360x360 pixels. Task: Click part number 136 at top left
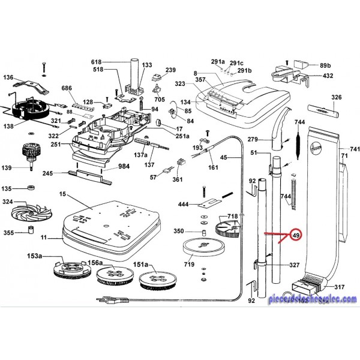[x=8, y=77]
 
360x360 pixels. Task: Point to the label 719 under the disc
[x=205, y=264]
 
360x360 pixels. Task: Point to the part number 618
[x=97, y=62]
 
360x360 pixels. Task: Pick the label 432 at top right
[x=328, y=76]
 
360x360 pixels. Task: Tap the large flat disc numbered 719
[x=205, y=246]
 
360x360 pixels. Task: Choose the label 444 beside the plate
[x=184, y=204]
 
